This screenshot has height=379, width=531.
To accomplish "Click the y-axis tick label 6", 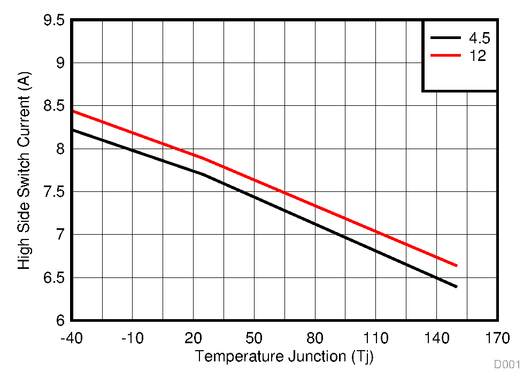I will [60, 320].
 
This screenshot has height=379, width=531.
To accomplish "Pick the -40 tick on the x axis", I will [71, 338].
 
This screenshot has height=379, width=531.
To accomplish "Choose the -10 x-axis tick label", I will [132, 338].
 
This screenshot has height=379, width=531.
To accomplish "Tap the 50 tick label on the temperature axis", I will [254, 338].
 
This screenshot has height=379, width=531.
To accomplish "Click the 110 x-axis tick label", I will [376, 338].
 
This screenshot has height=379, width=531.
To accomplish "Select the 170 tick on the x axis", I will [497, 338].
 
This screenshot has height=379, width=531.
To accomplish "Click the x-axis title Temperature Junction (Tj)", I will [284, 356].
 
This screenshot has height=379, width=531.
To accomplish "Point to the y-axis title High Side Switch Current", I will [25, 171].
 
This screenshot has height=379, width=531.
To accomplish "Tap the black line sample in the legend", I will [445, 38].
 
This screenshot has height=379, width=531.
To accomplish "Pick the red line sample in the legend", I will [445, 55].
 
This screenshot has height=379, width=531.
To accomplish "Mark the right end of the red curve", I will [457, 265].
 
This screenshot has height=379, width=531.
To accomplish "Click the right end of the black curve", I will [457, 287].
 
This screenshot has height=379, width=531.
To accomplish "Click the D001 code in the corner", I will [506, 365].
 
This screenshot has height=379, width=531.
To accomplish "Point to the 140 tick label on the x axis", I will [437, 338].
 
